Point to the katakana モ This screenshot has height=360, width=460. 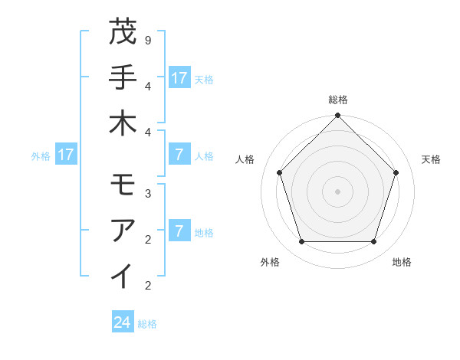(x=123, y=185)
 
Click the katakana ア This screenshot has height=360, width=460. (x=123, y=229)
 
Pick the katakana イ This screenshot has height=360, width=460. (x=123, y=275)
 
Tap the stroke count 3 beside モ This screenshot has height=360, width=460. (x=147, y=193)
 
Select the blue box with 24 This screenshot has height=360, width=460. (x=122, y=322)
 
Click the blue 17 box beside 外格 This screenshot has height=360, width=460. (x=66, y=155)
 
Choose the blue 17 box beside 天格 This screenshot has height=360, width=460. (x=179, y=78)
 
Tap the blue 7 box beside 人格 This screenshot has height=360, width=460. (x=179, y=155)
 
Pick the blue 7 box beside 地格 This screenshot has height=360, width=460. (x=179, y=231)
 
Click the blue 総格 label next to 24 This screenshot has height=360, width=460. (x=147, y=324)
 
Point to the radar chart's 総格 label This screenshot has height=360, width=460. (x=337, y=100)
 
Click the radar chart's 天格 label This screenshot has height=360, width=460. (x=431, y=159)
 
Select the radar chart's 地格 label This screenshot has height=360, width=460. (x=402, y=262)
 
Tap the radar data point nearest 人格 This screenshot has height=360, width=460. (x=280, y=172)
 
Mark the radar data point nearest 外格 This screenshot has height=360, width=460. (x=301, y=242)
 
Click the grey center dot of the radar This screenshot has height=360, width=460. (x=337, y=191)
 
